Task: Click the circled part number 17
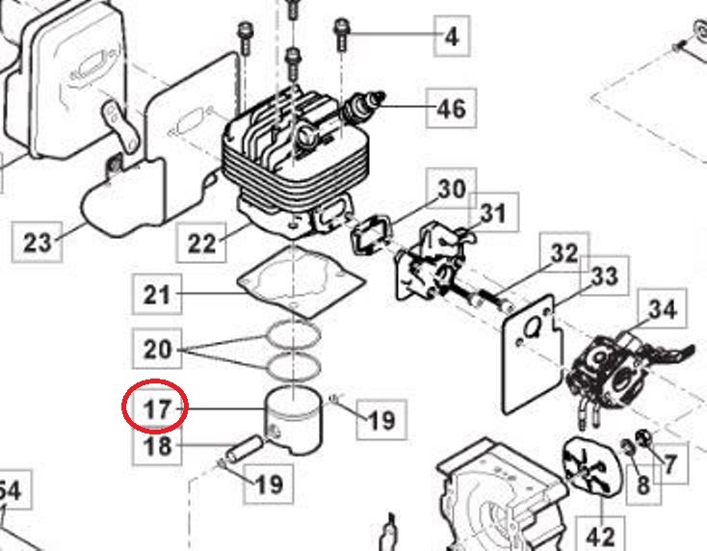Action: pyautogui.click(x=156, y=409)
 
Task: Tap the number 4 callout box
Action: pyautogui.click(x=451, y=38)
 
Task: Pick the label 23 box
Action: pyautogui.click(x=37, y=241)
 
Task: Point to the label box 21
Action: pyautogui.click(x=156, y=294)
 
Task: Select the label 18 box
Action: pyautogui.click(x=156, y=447)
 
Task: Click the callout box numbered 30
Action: pyautogui.click(x=451, y=189)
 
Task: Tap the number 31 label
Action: pyautogui.click(x=492, y=213)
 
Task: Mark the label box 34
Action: pyautogui.click(x=662, y=309)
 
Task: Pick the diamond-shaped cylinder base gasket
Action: pyautogui.click(x=300, y=280)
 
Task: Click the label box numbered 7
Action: pyautogui.click(x=669, y=464)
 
